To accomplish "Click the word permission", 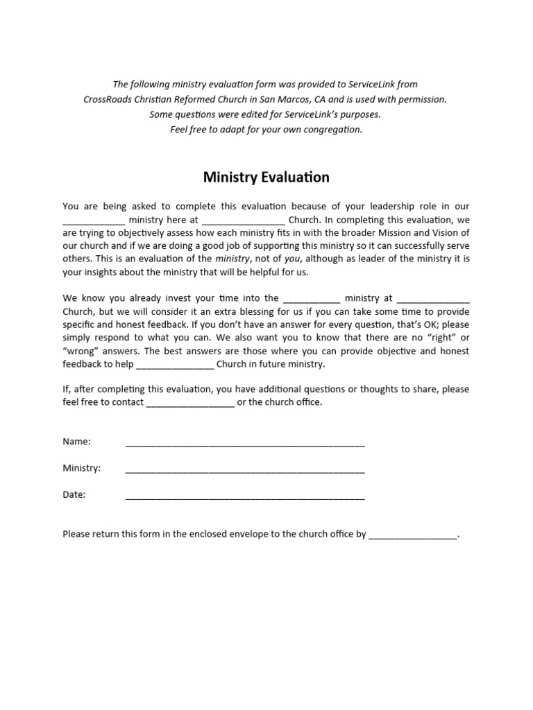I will coord(421,99).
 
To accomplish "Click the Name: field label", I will coord(77,442).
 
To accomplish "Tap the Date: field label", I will coord(75,494).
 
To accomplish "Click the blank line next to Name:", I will coord(244,444).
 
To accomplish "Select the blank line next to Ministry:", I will coord(244,470).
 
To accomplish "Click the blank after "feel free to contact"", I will coord(190,404).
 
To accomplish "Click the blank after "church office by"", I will coord(412,537).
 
